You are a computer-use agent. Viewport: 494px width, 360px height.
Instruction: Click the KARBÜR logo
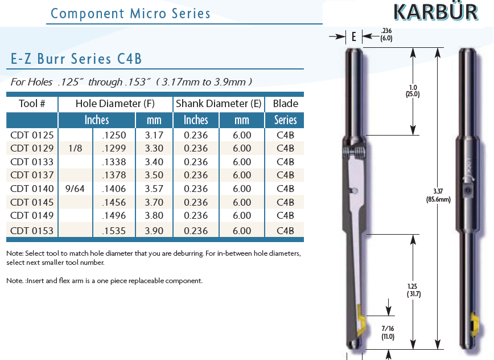click(436, 12)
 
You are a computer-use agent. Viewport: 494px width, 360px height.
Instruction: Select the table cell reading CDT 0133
click(32, 162)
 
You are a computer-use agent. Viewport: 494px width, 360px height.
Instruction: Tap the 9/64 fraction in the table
click(75, 189)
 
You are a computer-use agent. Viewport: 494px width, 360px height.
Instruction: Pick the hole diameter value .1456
click(114, 202)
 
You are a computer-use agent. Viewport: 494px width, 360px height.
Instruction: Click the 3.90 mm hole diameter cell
click(154, 231)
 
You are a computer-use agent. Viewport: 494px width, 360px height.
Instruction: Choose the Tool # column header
click(32, 104)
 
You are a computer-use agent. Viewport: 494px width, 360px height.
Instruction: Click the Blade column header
click(286, 104)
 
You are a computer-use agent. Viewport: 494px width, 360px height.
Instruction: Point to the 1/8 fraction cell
click(75, 148)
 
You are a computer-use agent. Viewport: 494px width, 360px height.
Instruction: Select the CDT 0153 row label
click(32, 231)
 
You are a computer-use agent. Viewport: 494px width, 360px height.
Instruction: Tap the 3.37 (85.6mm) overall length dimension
click(438, 195)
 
